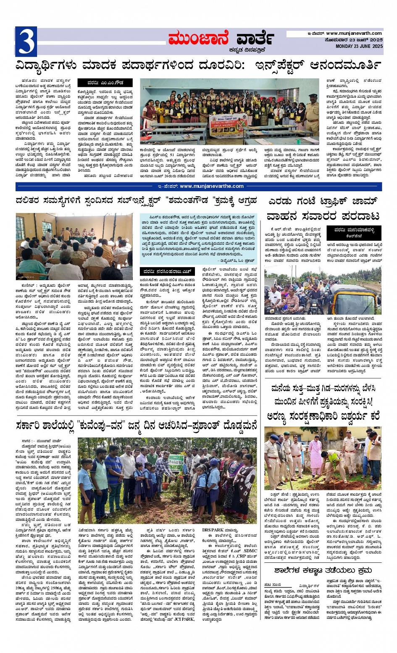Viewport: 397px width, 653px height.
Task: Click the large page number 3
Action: tap(26, 41)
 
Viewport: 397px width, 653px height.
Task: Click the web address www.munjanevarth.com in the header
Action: tap(354, 33)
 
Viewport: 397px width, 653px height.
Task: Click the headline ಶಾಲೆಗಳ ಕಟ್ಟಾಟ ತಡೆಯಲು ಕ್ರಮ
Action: tap(323, 570)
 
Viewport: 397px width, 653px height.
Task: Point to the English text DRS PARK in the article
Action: tap(216, 530)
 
